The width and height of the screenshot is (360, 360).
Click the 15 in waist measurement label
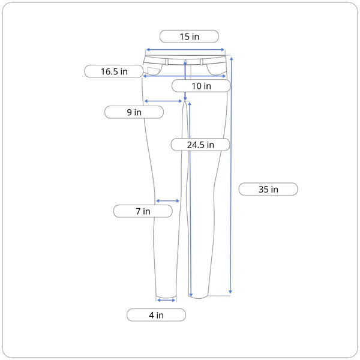(x=189, y=36)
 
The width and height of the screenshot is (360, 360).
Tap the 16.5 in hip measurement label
(x=114, y=71)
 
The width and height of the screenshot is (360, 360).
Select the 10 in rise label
(x=201, y=86)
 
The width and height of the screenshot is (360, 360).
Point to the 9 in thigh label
(x=134, y=112)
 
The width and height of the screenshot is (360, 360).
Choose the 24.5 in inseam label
(x=200, y=145)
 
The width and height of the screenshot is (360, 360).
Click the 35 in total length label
(x=268, y=189)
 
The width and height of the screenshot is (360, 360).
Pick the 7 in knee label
(x=143, y=211)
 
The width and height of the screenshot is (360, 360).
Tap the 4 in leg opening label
(x=156, y=315)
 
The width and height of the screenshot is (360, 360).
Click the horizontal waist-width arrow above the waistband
(x=185, y=50)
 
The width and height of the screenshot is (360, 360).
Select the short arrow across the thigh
(x=163, y=101)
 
